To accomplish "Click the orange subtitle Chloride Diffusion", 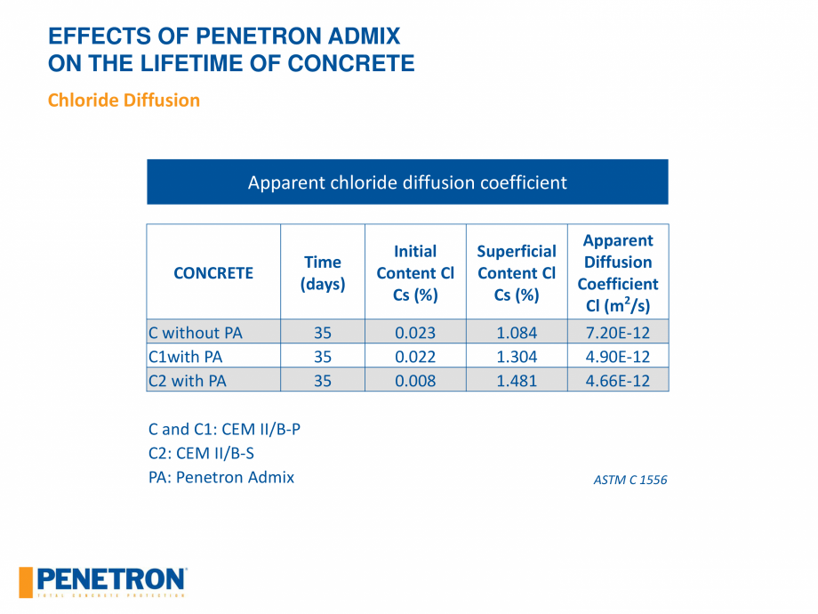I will (124, 100).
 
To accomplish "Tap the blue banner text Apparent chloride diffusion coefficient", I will (407, 182).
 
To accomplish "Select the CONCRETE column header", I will (213, 273).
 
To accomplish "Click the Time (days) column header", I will (322, 273).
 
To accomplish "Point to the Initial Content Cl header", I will (415, 273).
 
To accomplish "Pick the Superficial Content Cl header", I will (517, 273).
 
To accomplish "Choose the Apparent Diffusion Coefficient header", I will (618, 273).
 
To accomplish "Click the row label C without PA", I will (196, 333).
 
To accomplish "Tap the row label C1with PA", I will (186, 357).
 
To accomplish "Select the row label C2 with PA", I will (188, 381).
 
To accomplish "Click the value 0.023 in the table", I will (415, 333).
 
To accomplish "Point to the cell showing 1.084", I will (517, 333).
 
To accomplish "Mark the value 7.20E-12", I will (618, 333).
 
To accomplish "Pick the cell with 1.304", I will (517, 357).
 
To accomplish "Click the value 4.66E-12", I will (618, 381).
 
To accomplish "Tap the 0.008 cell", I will (415, 381).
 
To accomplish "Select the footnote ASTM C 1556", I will (630, 481).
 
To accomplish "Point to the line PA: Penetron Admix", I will (221, 477).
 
